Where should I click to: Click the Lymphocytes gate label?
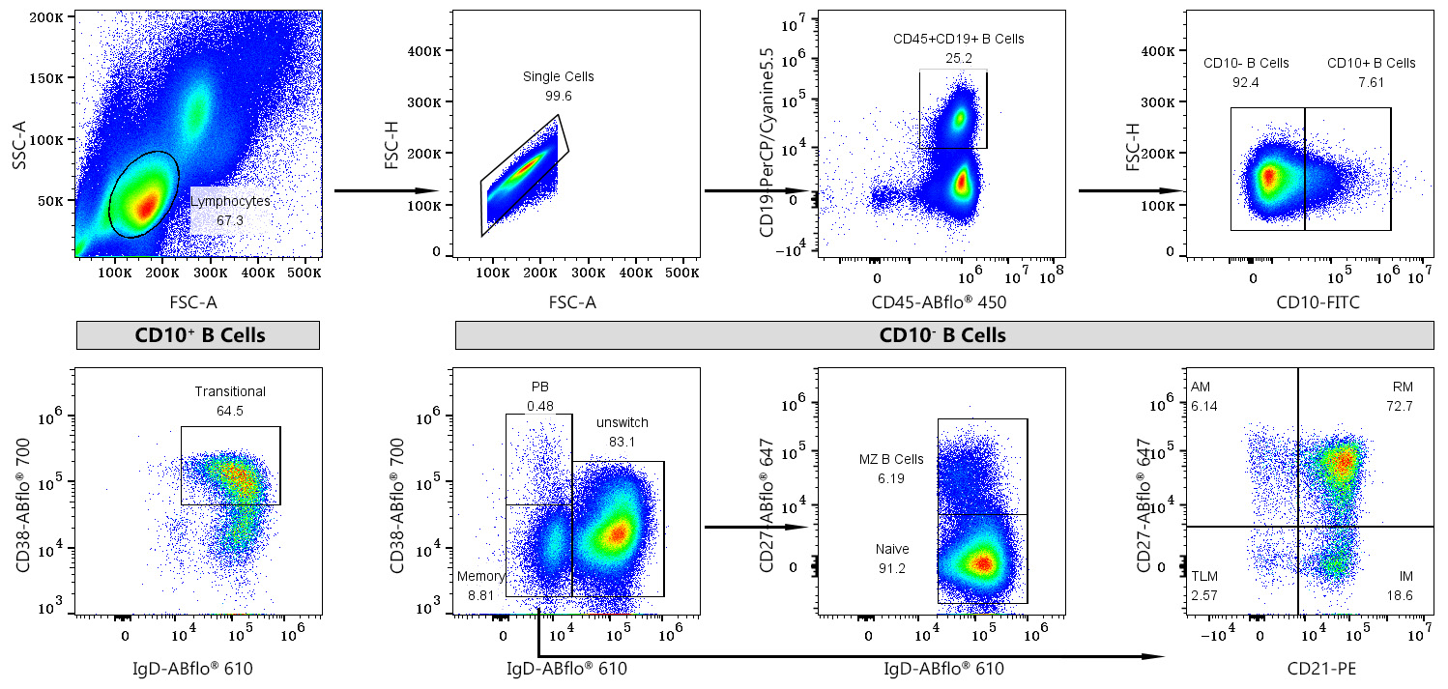coord(230,201)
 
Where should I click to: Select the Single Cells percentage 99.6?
coord(559,96)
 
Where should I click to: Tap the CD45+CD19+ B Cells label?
coord(958,39)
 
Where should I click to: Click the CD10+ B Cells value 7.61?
coord(1370,82)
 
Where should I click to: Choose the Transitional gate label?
coord(230,391)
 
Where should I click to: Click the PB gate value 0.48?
coord(540,406)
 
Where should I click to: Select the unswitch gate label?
coord(622,422)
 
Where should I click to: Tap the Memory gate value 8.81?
coord(481,596)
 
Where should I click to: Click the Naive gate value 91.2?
coord(890,568)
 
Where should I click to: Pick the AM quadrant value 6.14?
coord(1203,406)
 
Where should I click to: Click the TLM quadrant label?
coord(1203,576)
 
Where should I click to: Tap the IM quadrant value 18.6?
coord(1399,596)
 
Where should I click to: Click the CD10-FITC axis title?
coord(1318,302)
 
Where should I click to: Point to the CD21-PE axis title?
coord(1321,668)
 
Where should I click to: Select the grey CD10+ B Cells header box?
coord(198,335)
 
